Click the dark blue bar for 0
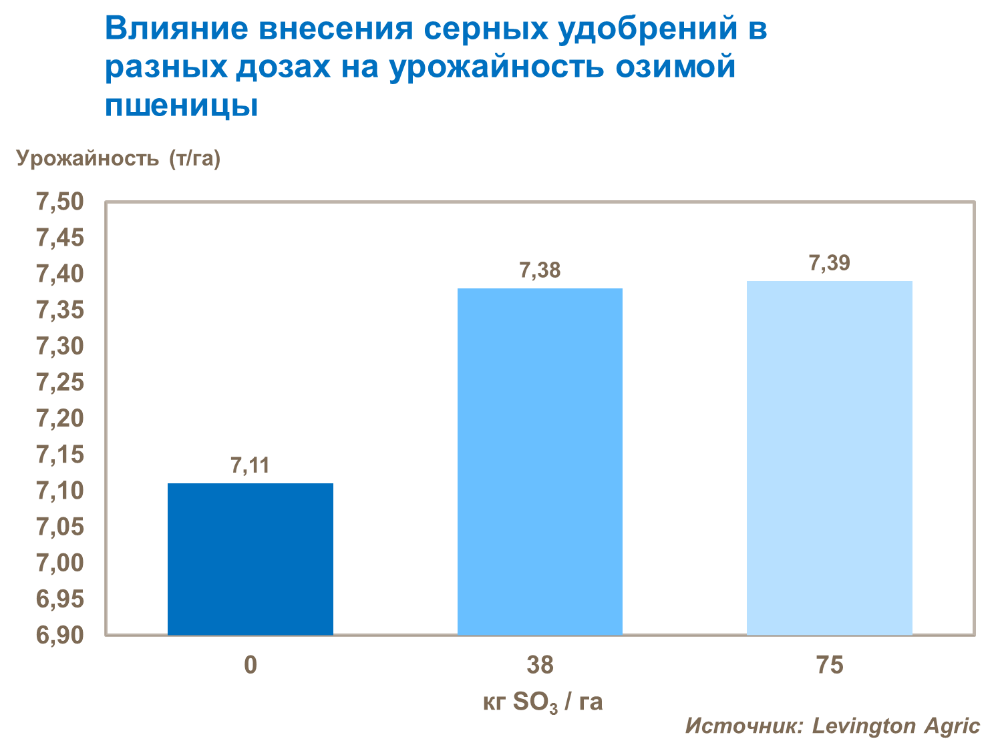pos(251,559)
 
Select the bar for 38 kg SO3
pos(540,461)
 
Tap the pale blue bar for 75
pos(829,457)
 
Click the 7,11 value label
pos(251,465)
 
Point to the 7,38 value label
pos(540,270)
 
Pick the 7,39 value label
pos(829,263)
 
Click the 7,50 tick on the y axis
pos(59,202)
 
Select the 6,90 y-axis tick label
pos(59,635)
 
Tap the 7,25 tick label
pos(59,383)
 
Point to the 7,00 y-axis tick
pos(59,563)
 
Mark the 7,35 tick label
pos(59,310)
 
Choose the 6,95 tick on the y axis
pos(59,599)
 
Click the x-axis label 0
pos(251,665)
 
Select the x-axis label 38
pos(540,665)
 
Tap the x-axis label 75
pos(829,665)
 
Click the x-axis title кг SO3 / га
pos(542,702)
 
